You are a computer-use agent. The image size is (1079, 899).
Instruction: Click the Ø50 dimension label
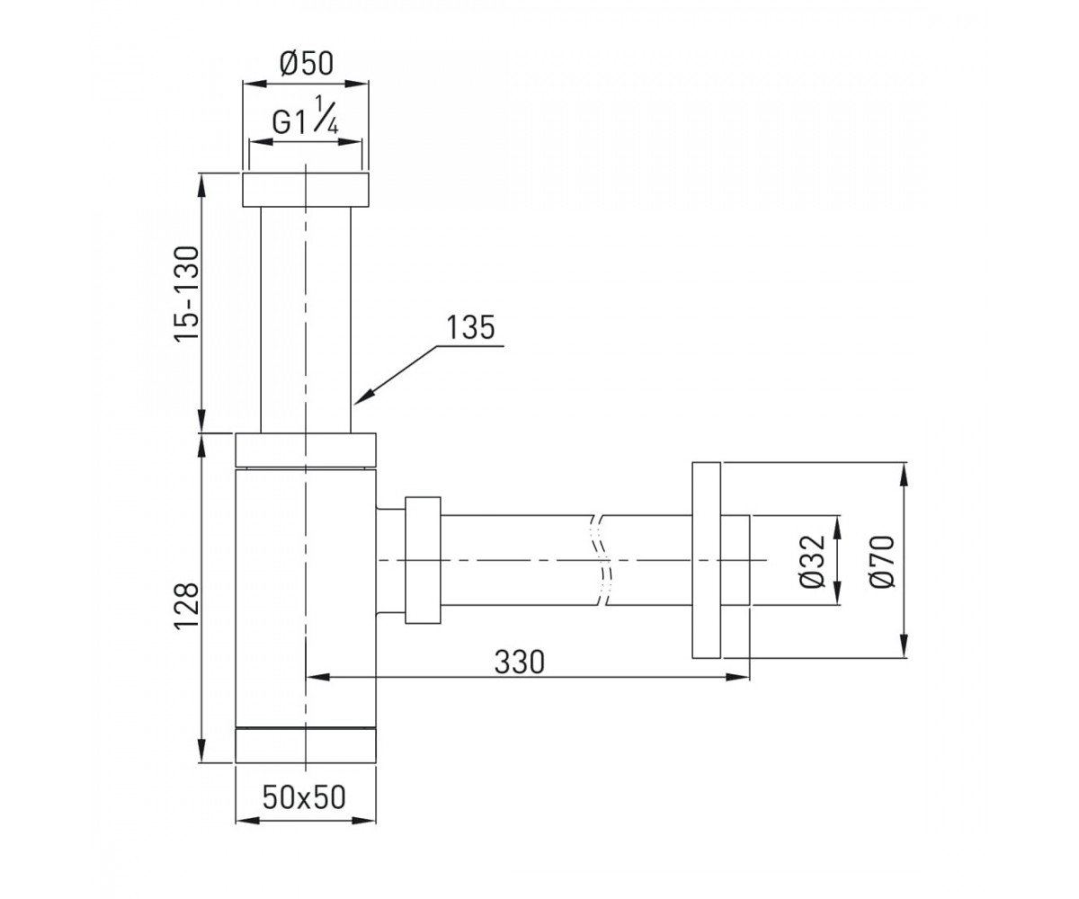[307, 64]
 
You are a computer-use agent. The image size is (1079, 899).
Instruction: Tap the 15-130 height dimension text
[186, 293]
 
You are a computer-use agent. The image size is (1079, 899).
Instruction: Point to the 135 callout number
[470, 327]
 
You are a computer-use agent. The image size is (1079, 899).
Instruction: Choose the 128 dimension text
[186, 606]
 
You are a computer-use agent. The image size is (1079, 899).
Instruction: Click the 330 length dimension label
[520, 662]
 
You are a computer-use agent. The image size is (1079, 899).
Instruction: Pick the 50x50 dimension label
[304, 797]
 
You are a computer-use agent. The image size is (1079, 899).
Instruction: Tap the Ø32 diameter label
[812, 561]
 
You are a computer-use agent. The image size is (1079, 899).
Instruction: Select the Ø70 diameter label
[881, 561]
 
